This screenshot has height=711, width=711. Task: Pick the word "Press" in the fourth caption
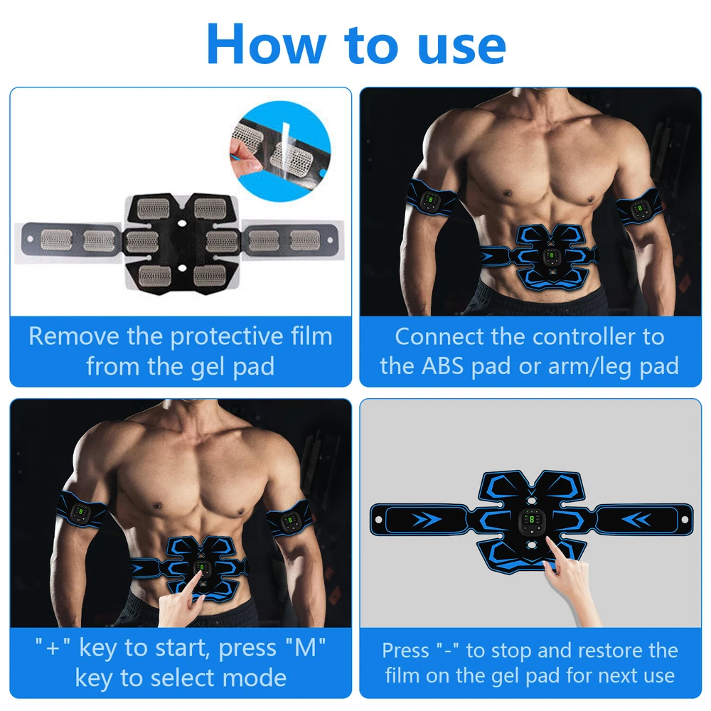[x=405, y=651]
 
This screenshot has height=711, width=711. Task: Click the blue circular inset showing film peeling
[x=281, y=151]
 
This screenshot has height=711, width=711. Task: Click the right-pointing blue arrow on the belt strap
[x=427, y=519]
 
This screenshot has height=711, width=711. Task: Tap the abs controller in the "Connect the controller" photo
[x=550, y=257]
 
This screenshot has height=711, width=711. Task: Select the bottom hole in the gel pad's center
[x=182, y=268]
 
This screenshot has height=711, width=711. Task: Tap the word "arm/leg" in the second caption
[x=590, y=366]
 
